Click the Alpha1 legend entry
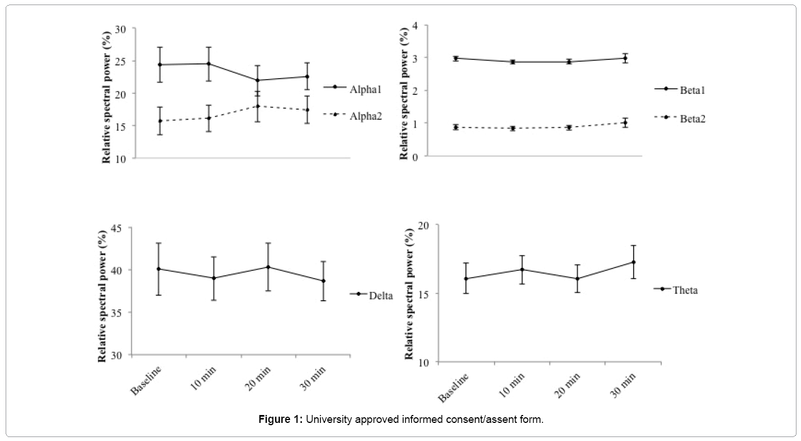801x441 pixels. tap(352, 87)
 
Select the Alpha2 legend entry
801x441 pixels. tap(352, 115)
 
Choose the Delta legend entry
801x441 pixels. tap(373, 295)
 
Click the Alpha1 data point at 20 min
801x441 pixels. tap(257, 80)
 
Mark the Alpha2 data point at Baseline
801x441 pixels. tap(160, 121)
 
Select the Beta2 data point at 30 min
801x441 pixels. tap(625, 123)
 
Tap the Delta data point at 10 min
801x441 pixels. tap(214, 278)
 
